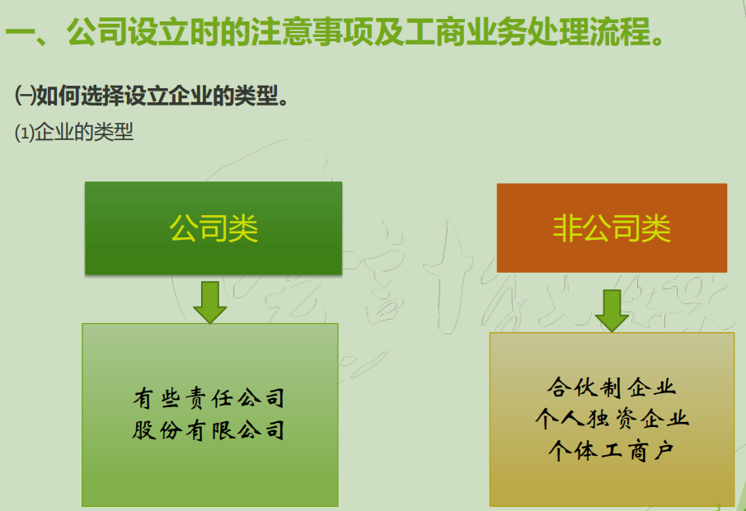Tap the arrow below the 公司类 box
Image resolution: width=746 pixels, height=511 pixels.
(x=210, y=302)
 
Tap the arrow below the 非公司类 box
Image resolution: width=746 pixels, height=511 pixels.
(x=612, y=309)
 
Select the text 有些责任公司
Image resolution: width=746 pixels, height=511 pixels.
(x=209, y=400)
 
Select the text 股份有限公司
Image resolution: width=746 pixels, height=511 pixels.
(x=209, y=430)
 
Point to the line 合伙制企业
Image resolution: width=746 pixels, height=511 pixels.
(x=612, y=387)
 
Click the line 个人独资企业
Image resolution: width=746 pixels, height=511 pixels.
(x=612, y=418)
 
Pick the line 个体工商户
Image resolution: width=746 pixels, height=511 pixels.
(x=612, y=450)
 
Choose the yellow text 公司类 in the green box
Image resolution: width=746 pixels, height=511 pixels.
(x=213, y=228)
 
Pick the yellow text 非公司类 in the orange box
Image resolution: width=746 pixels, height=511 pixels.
(x=612, y=228)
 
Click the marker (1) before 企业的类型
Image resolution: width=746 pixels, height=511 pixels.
(x=24, y=133)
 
